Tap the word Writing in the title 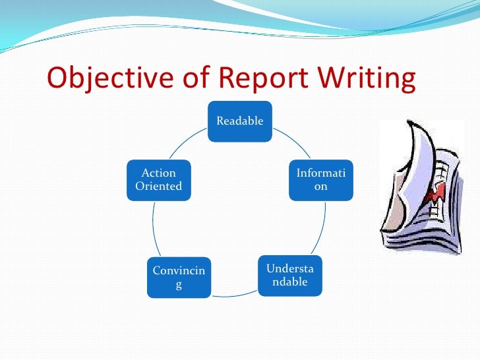pos(367,79)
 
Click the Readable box pos(240,121)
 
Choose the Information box pos(320,179)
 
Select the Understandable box pos(289,275)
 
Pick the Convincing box pos(178,278)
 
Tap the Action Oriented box pos(158,179)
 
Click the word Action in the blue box pos(159,173)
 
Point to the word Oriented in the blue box pos(158,186)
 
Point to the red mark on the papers pos(434,195)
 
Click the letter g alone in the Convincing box pos(178,284)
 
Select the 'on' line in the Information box pos(320,186)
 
